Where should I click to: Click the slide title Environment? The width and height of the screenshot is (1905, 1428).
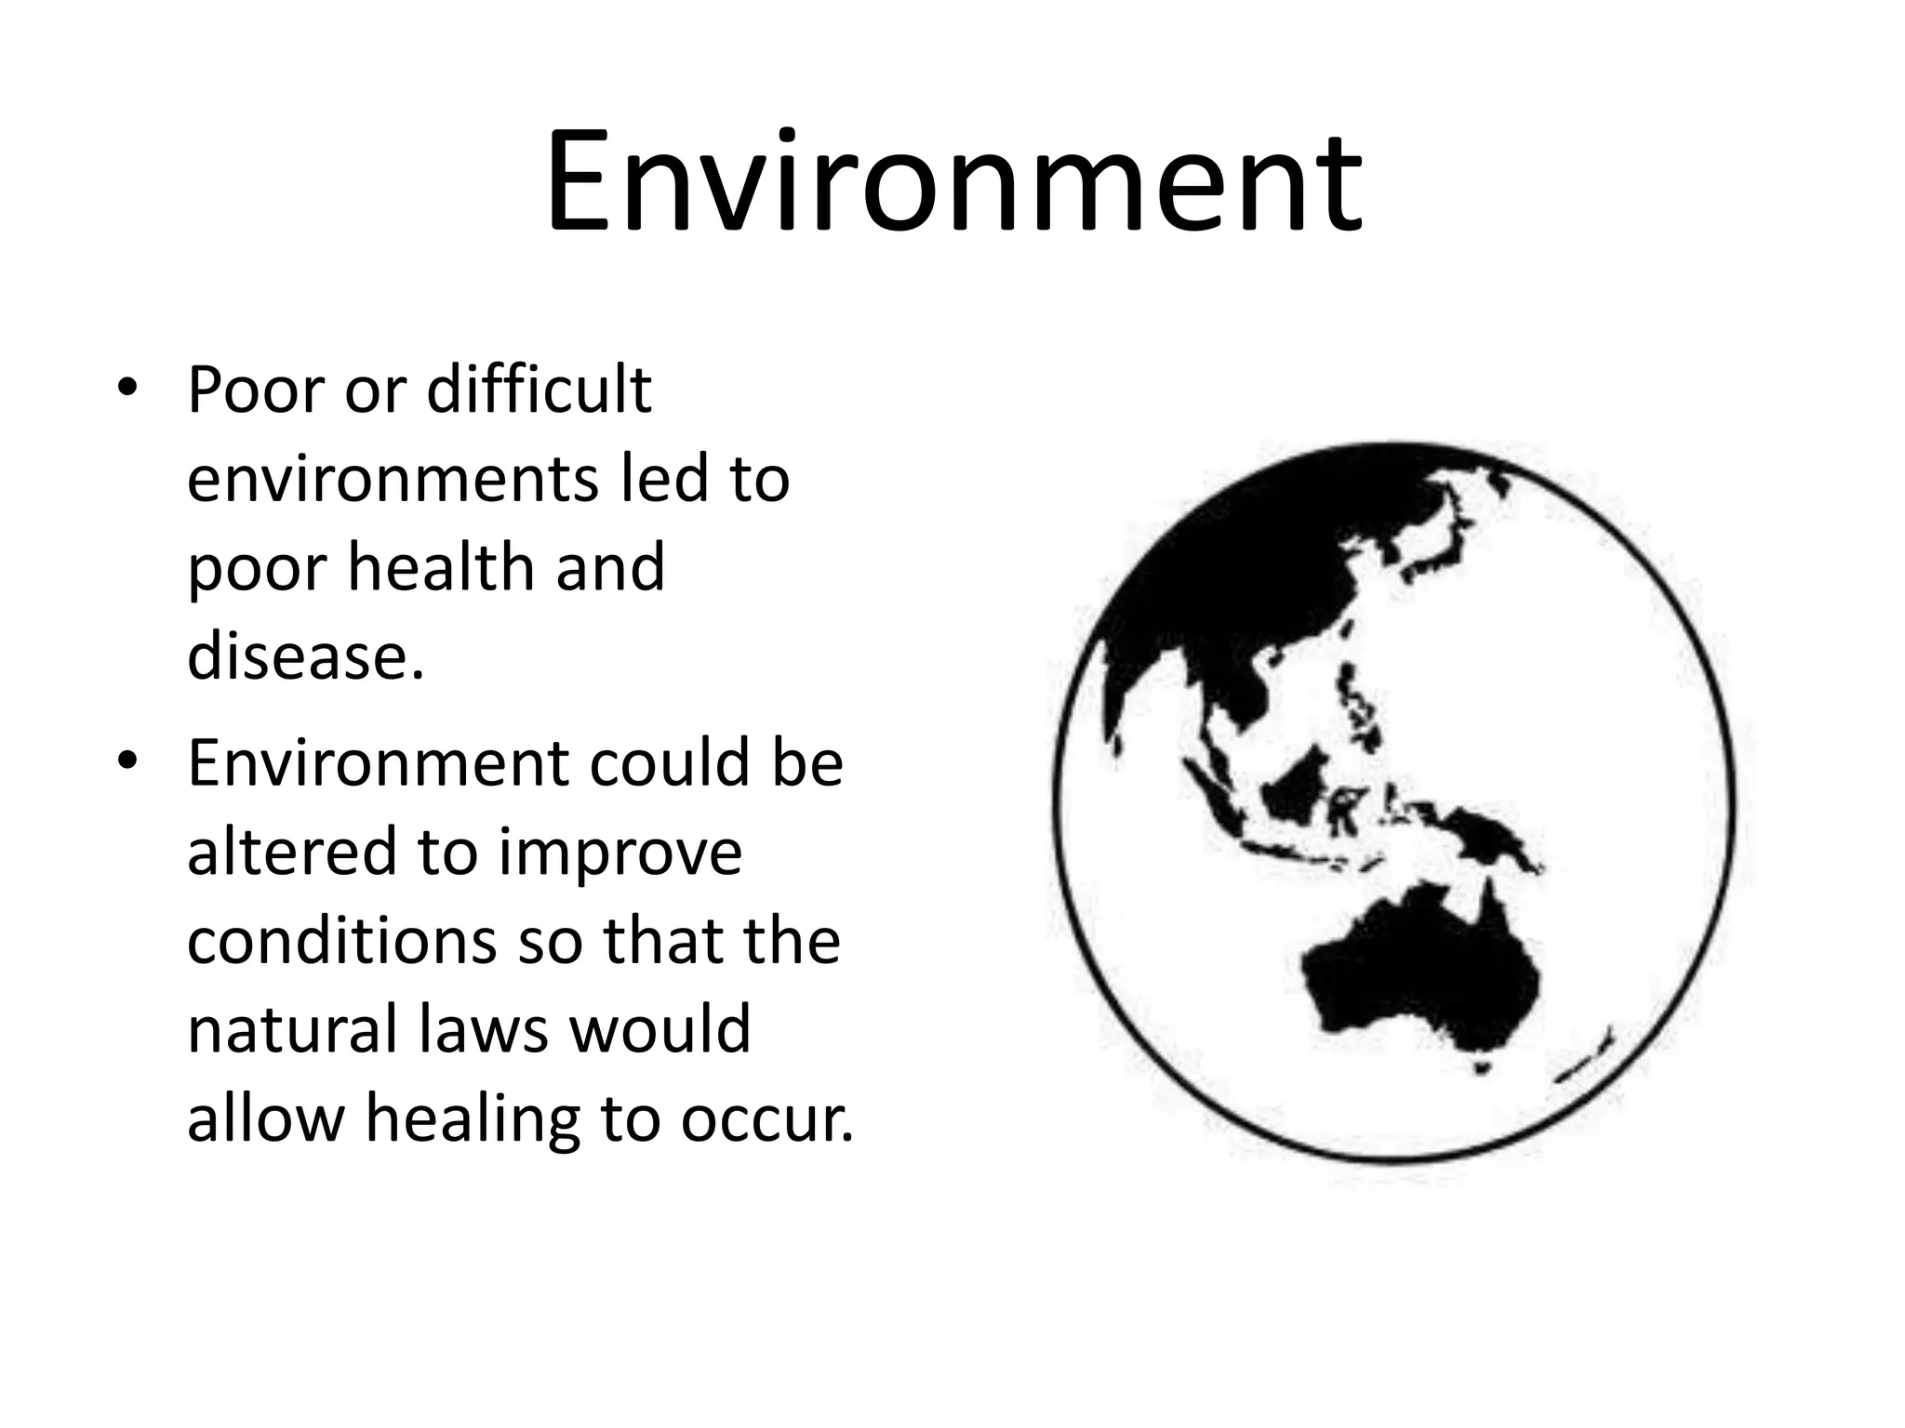point(952,184)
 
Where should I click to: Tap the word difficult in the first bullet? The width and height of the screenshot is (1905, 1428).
point(539,390)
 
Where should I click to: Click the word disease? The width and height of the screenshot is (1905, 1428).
point(305,655)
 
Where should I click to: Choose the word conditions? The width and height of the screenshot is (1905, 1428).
point(341,940)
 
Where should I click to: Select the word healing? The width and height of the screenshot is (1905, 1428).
point(472,1119)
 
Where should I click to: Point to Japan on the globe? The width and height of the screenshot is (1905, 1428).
point(1437,549)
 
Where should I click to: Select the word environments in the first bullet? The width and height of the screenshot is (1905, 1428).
point(390,479)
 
